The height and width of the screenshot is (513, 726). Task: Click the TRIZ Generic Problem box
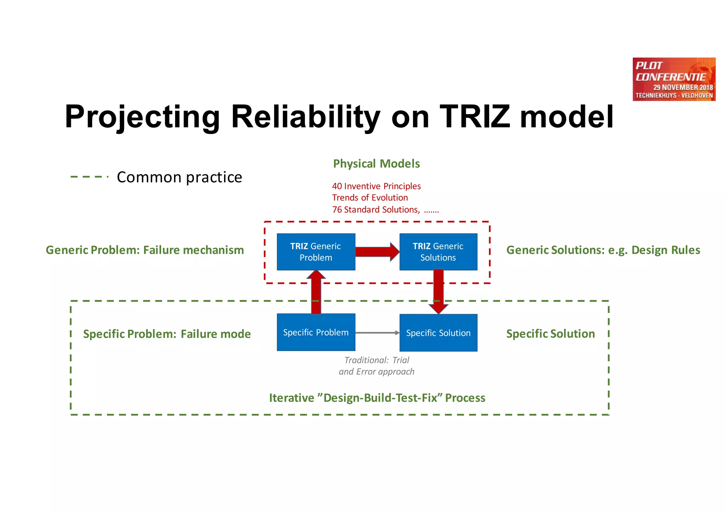click(x=316, y=252)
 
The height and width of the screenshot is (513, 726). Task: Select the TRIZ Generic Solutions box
click(x=438, y=252)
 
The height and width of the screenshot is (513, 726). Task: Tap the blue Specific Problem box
click(x=316, y=332)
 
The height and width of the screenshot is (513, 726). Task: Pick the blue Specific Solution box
click(x=438, y=333)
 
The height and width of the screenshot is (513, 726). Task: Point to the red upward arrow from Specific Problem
click(x=316, y=292)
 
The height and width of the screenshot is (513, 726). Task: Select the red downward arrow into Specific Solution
click(x=439, y=291)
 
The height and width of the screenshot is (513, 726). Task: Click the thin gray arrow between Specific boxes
click(x=377, y=333)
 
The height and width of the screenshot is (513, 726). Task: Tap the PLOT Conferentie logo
click(x=674, y=79)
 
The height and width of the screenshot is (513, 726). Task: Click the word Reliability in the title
click(x=305, y=117)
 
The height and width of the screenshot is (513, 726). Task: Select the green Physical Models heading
click(x=376, y=163)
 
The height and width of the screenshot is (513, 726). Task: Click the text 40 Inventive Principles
click(x=376, y=186)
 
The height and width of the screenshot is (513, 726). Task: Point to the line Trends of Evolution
click(x=370, y=197)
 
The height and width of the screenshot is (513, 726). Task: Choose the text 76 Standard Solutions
click(x=376, y=210)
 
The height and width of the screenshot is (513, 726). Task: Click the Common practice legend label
click(x=179, y=177)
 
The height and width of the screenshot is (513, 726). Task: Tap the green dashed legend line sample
click(x=89, y=177)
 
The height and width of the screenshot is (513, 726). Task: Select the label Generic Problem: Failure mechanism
click(x=145, y=250)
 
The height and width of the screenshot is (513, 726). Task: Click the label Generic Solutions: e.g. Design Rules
click(x=603, y=250)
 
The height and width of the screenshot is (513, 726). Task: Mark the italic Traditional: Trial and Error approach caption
click(x=376, y=366)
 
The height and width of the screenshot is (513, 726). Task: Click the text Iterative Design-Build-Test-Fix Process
click(x=377, y=398)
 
